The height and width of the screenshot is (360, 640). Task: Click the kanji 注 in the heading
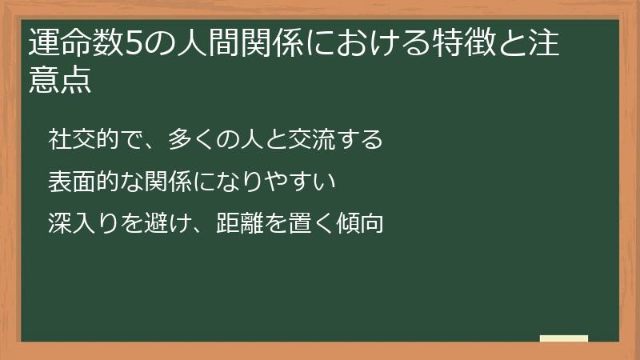tap(553, 45)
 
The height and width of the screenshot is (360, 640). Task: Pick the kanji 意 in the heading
tap(43, 81)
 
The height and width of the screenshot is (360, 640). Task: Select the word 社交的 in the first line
tap(82, 139)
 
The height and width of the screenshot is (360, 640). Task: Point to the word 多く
tap(190, 139)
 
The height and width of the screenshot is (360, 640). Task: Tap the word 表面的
tap(82, 182)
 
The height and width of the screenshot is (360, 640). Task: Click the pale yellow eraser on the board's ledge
tap(564, 338)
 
